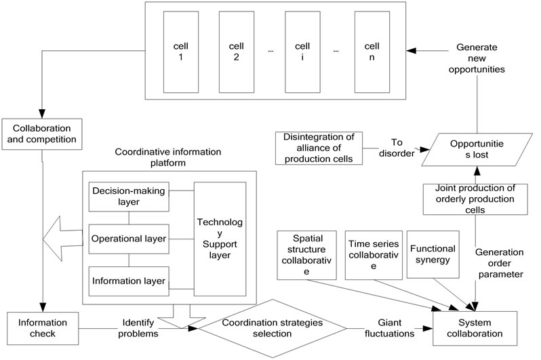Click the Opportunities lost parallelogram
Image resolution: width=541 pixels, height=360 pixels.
click(475, 148)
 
